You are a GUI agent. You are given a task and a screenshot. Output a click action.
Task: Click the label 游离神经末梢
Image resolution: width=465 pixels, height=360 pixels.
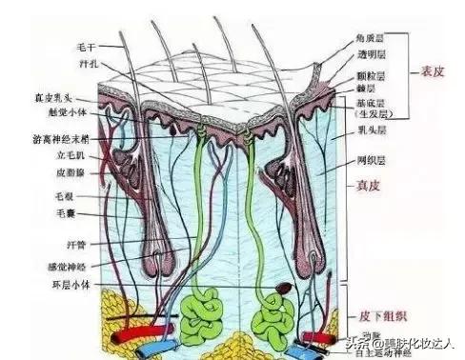(55, 139)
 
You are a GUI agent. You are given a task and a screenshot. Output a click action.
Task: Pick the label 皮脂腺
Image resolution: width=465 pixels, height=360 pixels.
(65, 173)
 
